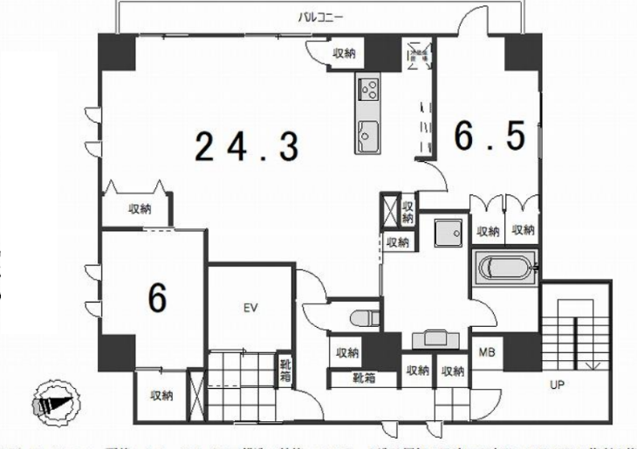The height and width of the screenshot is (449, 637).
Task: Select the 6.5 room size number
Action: coord(490,136)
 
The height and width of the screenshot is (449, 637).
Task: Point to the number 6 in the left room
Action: coord(157,298)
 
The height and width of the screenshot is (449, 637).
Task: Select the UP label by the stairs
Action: coord(555,383)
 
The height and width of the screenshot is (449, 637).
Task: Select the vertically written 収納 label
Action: coord(407,212)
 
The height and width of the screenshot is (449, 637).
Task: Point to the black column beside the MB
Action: coord(522,351)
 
